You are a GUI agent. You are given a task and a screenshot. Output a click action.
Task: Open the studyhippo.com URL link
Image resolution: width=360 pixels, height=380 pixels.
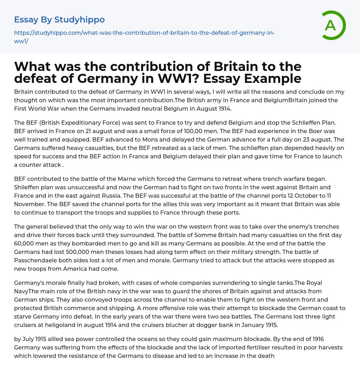coord(144,33)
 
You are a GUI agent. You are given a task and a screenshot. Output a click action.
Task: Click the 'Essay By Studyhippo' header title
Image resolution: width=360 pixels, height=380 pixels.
coord(59,19)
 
